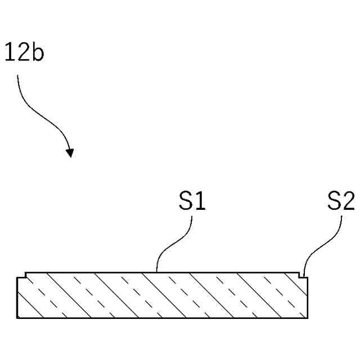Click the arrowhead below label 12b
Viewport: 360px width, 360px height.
(70, 152)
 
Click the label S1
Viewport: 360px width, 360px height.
(192, 201)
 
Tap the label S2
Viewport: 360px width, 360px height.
(341, 201)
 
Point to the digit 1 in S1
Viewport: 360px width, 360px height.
(199, 201)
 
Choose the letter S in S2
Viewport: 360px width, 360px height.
(334, 201)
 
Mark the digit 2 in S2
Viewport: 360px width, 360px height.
(348, 201)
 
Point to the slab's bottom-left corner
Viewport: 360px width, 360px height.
(17, 318)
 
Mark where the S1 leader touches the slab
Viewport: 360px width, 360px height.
(157, 272)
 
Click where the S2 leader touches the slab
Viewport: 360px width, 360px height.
(303, 273)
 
